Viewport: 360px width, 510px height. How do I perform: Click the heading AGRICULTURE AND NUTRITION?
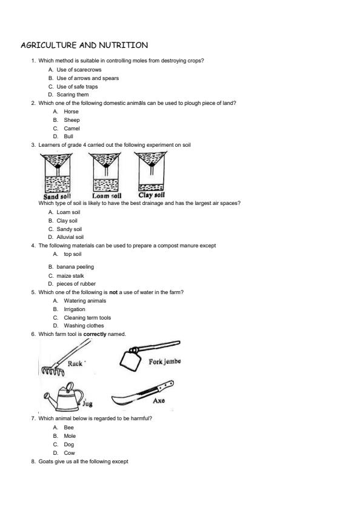(x=84, y=45)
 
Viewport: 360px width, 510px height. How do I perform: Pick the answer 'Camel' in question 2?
(x=72, y=129)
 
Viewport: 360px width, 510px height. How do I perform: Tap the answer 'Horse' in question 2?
(x=71, y=112)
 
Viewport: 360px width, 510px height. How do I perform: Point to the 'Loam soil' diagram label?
(x=107, y=196)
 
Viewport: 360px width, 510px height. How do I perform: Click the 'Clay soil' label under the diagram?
(x=152, y=195)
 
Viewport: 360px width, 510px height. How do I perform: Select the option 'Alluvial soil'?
(x=70, y=237)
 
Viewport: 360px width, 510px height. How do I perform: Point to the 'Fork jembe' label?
(x=165, y=361)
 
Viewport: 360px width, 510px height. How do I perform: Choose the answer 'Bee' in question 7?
(x=68, y=428)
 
